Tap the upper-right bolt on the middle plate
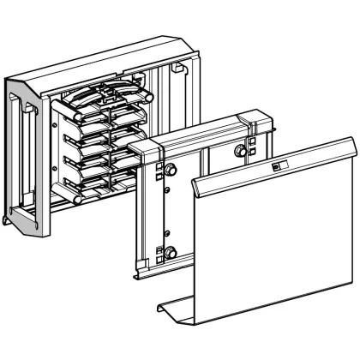(x=241, y=151)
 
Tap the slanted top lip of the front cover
(x=274, y=163)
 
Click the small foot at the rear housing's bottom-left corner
(x=10, y=220)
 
